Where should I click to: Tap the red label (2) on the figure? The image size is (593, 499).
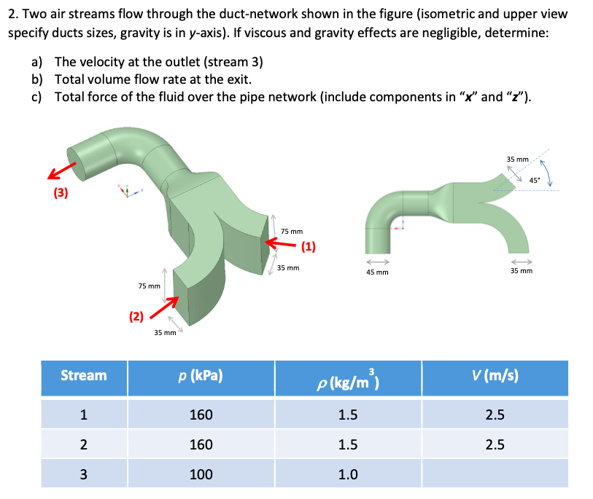pyautogui.click(x=136, y=315)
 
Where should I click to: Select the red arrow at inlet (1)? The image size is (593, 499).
pyautogui.click(x=286, y=245)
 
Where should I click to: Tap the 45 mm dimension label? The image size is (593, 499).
pyautogui.click(x=377, y=272)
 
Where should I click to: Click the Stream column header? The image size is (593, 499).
pyautogui.click(x=83, y=375)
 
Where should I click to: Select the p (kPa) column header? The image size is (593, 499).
pyautogui.click(x=201, y=376)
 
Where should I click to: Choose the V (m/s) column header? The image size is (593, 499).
pyautogui.click(x=495, y=375)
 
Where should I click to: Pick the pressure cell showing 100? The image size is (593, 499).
pyautogui.click(x=201, y=474)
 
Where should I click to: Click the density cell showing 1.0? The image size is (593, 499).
pyautogui.click(x=348, y=474)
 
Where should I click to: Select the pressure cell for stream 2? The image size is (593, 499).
pyautogui.click(x=201, y=444)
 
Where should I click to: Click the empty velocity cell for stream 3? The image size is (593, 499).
pyautogui.click(x=495, y=474)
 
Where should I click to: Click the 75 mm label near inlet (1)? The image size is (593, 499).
pyautogui.click(x=292, y=231)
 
